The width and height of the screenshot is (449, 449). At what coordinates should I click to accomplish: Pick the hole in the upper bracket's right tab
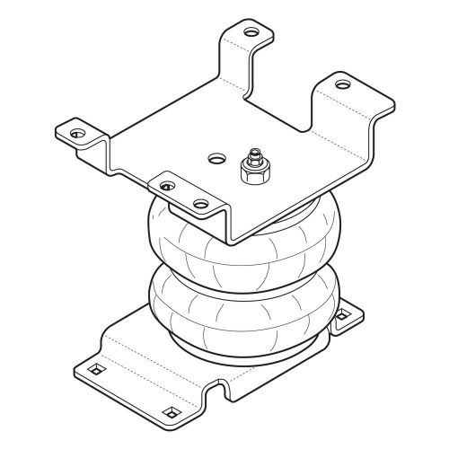pos(343,85)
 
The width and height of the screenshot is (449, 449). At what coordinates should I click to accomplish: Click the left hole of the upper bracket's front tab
pos(166,185)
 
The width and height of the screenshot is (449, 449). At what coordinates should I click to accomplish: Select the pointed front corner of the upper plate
pos(233,241)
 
